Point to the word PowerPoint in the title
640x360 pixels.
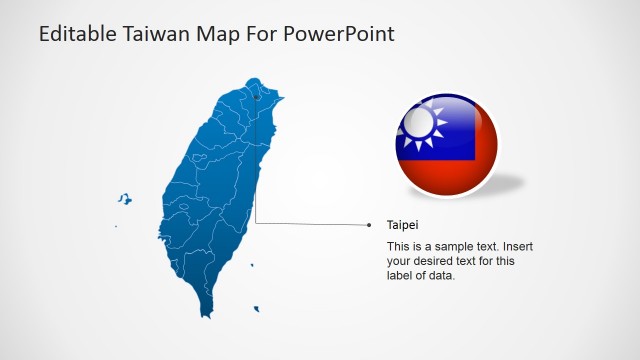(x=340, y=33)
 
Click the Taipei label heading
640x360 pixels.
(x=402, y=225)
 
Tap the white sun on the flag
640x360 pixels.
(x=420, y=122)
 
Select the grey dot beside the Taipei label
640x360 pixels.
(x=370, y=225)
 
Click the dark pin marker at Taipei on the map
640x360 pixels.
(x=256, y=97)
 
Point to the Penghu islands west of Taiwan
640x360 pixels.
(x=124, y=199)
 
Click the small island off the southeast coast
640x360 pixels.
(x=257, y=309)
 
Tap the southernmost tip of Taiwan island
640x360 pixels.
(x=210, y=314)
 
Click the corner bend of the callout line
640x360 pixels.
(x=256, y=223)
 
